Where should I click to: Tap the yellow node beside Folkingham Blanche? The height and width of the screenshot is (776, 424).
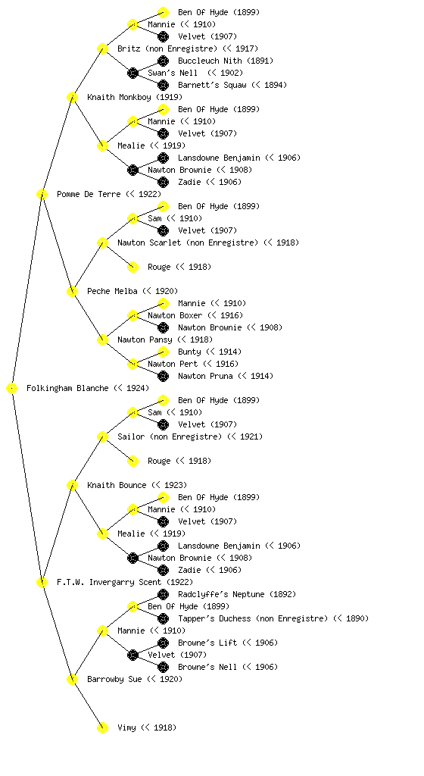point(12,389)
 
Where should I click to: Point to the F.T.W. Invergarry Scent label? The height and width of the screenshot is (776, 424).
point(109,583)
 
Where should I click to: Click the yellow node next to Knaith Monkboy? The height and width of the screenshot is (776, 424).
point(72,98)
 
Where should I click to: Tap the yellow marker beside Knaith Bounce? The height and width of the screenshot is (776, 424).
point(72,486)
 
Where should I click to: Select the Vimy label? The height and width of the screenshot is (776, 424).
point(127,728)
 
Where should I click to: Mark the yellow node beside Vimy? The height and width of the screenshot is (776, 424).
point(102,728)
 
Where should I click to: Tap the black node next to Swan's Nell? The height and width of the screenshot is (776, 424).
point(132,74)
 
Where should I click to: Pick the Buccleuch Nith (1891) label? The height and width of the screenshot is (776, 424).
point(226,61)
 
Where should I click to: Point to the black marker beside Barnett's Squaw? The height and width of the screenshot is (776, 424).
point(163,85)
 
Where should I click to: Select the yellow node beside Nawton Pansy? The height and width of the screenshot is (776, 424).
point(102,340)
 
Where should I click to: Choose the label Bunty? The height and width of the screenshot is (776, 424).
point(189,352)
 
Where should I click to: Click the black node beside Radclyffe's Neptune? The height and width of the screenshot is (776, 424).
point(163,594)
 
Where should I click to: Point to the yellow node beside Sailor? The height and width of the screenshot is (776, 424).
point(102,437)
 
